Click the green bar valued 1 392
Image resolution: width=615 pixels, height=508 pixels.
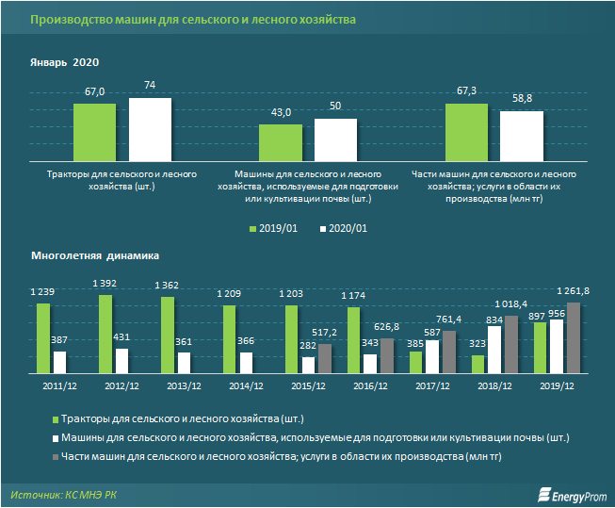105,335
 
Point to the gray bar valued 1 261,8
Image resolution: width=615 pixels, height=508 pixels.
573,337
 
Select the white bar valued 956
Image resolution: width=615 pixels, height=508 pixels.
557,347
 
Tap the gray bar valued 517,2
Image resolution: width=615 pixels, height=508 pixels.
324,358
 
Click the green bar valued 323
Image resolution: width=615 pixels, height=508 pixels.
478,364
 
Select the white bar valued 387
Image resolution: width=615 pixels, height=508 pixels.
59,362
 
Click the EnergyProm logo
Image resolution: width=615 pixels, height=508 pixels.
569,494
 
